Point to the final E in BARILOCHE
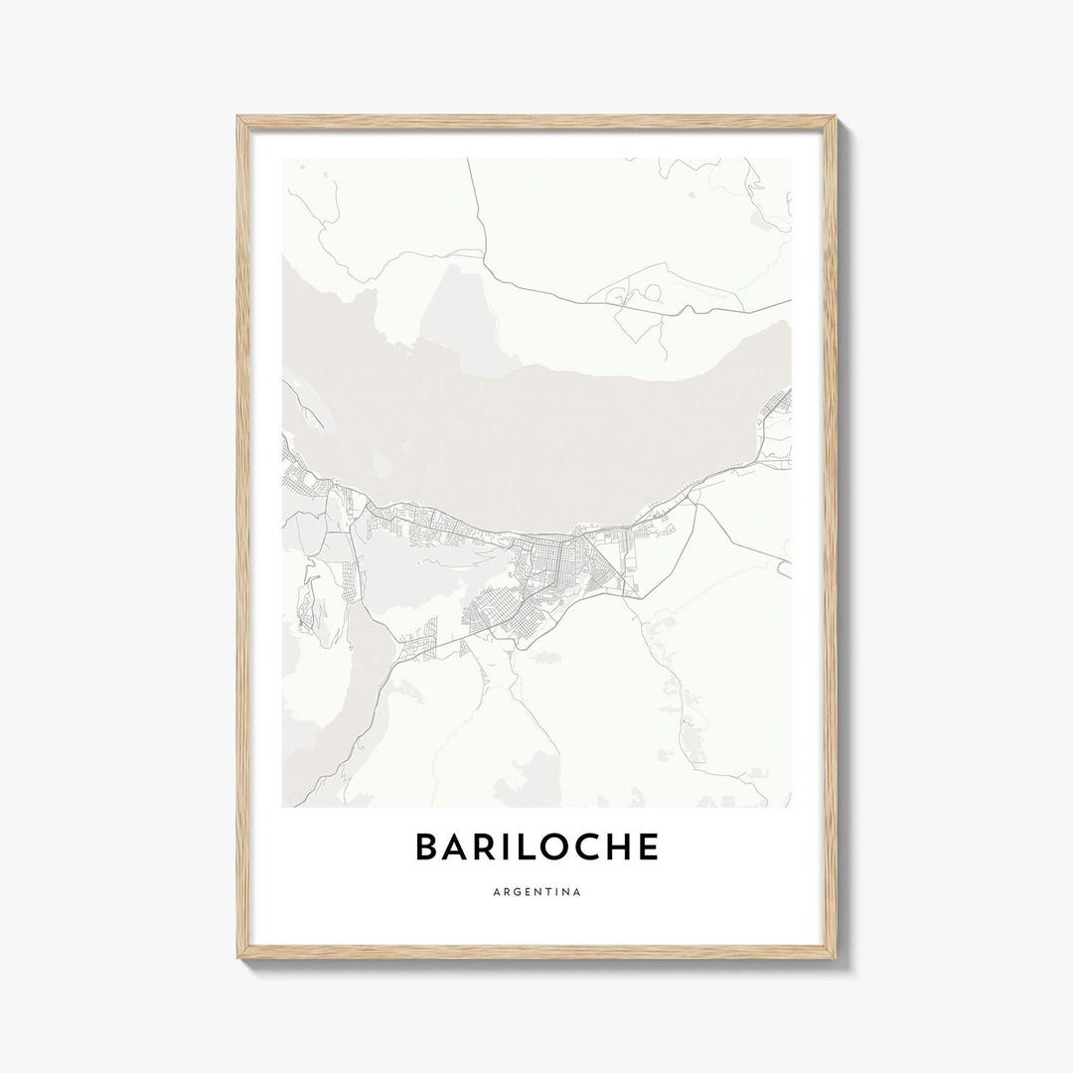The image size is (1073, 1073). (x=650, y=846)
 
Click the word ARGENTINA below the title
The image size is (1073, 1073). (x=536, y=891)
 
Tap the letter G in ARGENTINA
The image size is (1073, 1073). (x=514, y=891)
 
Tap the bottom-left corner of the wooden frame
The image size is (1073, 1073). (x=238, y=960)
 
